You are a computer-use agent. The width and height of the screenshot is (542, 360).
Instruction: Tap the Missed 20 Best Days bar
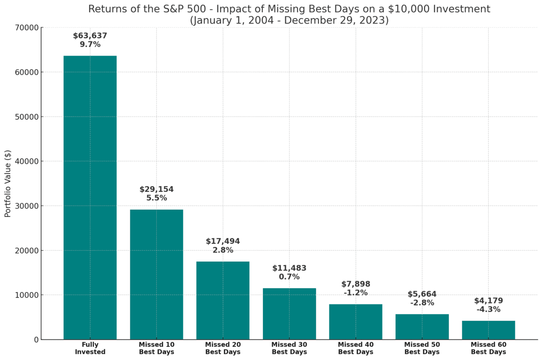click(223, 300)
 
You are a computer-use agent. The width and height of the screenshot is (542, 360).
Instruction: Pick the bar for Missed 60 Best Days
click(488, 330)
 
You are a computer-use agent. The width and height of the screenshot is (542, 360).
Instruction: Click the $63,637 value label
click(90, 36)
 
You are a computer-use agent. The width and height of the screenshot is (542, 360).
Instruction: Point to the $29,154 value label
click(156, 189)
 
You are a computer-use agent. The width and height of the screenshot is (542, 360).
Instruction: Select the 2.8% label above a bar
click(223, 250)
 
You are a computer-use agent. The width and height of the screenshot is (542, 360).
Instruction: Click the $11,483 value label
click(289, 268)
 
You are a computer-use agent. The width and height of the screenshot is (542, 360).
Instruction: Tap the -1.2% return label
click(355, 293)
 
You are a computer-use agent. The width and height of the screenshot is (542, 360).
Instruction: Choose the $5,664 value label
click(422, 294)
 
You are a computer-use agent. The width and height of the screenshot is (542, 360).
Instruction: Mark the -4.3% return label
click(488, 309)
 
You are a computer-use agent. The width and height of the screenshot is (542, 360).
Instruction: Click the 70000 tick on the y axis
click(27, 28)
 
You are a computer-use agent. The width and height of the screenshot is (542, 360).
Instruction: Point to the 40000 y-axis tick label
click(27, 161)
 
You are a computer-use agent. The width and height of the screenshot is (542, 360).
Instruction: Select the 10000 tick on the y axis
click(27, 295)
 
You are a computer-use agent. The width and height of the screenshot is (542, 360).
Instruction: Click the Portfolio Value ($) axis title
click(8, 183)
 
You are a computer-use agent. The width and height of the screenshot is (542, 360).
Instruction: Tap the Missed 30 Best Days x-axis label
click(289, 348)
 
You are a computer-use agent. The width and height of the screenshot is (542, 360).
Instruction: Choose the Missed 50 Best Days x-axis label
click(422, 348)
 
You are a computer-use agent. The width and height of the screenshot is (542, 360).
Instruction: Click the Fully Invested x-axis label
click(90, 348)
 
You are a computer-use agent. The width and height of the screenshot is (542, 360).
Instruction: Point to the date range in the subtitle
click(289, 21)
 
